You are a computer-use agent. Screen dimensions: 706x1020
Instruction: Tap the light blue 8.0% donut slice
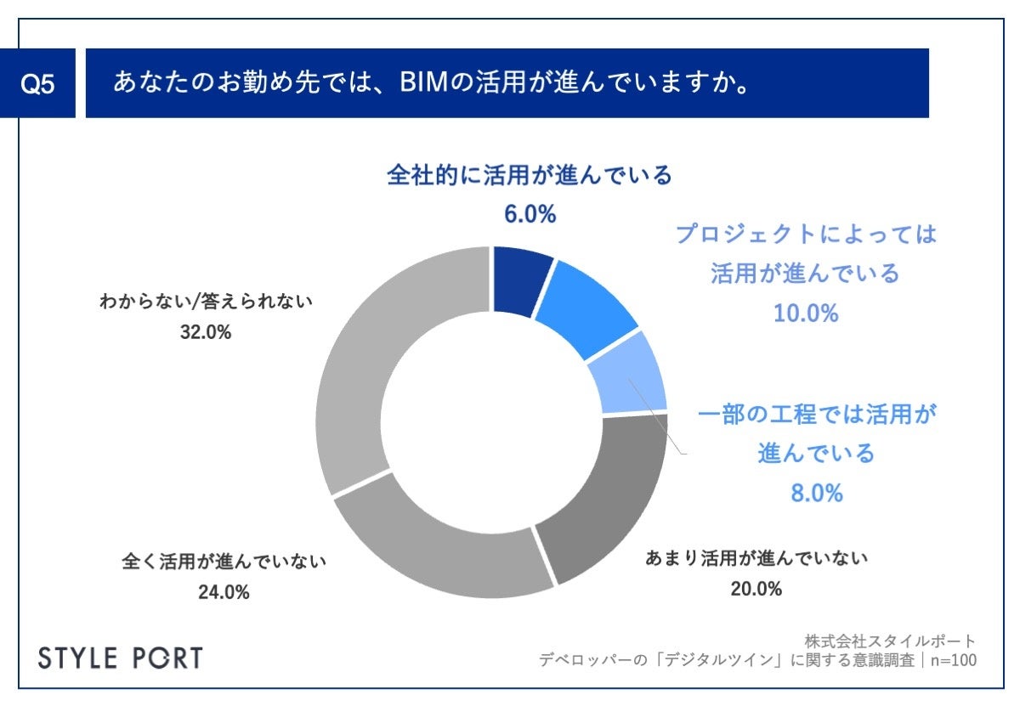[632, 375]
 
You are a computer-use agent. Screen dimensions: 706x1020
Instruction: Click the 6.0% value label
[529, 214]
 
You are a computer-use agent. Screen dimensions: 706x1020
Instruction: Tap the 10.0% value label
[805, 313]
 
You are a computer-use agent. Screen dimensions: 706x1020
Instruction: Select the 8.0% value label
[816, 492]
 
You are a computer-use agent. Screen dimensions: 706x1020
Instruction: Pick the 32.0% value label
[207, 333]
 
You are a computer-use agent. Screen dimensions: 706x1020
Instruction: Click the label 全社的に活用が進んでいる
[529, 176]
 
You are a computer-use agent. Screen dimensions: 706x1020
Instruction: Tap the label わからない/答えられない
[207, 301]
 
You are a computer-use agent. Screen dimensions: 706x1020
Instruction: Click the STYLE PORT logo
[122, 658]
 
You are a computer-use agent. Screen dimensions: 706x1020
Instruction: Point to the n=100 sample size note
[952, 659]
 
